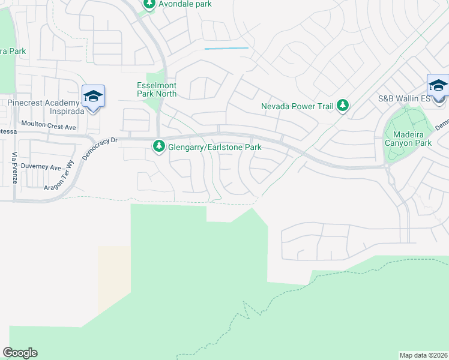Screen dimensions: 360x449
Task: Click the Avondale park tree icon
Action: (x=149, y=4)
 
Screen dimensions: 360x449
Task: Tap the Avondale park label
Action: (x=185, y=4)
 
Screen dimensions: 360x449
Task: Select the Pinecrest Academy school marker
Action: (x=93, y=97)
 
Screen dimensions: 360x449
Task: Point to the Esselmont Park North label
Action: (x=157, y=89)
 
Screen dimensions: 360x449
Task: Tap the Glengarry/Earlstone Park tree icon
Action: (x=159, y=145)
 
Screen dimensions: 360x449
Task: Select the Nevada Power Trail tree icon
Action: (x=342, y=106)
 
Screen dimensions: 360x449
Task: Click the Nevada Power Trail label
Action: (x=297, y=107)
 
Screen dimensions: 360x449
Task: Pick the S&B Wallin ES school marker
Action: (x=438, y=85)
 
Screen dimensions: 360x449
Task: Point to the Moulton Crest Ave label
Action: (x=49, y=127)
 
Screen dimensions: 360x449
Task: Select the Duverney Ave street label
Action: (x=41, y=167)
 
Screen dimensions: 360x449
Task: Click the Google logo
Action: (x=20, y=353)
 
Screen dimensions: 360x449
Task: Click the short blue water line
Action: (x=226, y=48)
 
